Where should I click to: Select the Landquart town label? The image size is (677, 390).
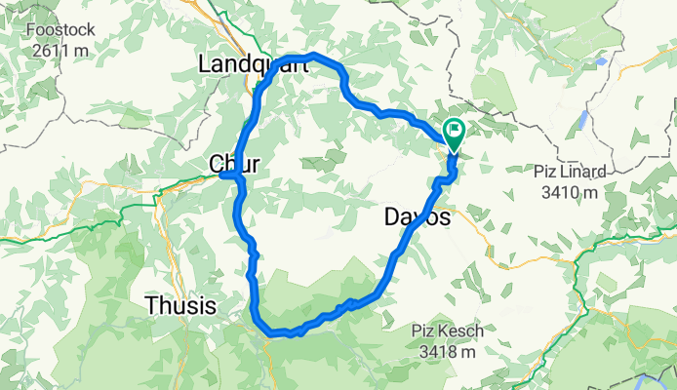click(252, 65)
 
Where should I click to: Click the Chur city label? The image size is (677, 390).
click(234, 164)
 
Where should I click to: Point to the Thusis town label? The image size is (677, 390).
click(180, 305)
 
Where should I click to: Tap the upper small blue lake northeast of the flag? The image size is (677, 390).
click(601, 60)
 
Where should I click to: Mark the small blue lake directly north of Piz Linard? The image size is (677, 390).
click(582, 118)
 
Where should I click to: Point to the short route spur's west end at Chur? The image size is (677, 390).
click(222, 175)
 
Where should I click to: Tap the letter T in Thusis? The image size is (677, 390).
click(151, 305)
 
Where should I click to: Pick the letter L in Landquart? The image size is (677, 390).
click(205, 65)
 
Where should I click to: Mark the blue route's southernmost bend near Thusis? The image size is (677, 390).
click(274, 333)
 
